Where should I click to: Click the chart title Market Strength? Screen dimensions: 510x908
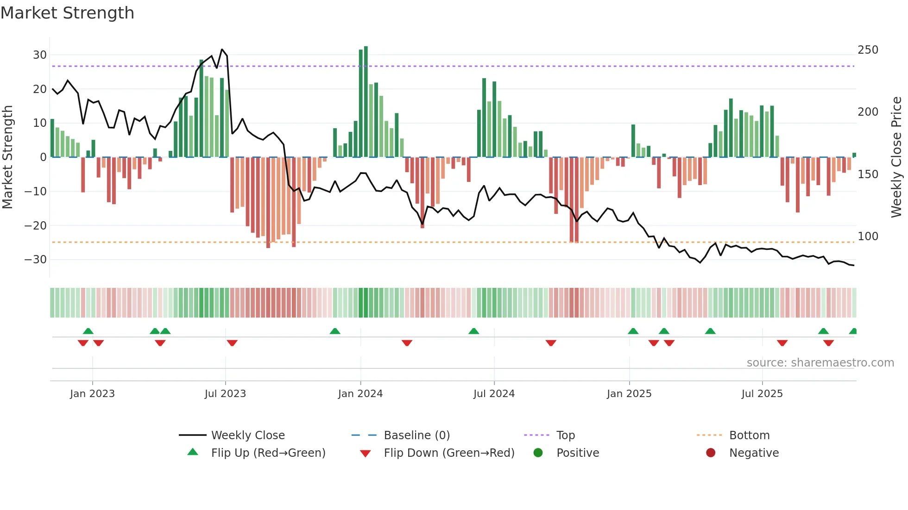click(67, 13)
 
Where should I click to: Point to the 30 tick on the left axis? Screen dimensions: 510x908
click(40, 55)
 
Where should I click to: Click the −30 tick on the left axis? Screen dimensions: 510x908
click(36, 260)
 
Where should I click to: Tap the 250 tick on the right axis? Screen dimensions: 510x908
click(868, 50)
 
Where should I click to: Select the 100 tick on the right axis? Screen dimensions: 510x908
click(868, 236)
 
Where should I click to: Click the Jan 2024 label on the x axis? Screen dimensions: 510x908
click(360, 394)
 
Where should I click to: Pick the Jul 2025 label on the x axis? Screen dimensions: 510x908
click(762, 394)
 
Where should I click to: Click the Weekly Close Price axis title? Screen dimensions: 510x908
click(896, 157)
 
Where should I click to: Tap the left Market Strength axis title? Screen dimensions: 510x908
click(7, 157)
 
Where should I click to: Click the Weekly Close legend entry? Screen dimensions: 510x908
click(247, 435)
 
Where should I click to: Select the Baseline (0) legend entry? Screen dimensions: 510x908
click(416, 435)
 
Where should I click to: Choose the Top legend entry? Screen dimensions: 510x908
click(565, 435)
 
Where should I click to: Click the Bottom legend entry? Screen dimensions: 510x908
click(749, 435)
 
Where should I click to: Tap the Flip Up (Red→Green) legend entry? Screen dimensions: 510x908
click(268, 453)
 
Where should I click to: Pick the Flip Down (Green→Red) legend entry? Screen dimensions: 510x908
click(448, 453)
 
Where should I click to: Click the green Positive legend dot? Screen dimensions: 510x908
click(538, 453)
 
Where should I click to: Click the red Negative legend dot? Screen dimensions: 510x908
click(711, 453)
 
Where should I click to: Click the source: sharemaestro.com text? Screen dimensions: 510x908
click(820, 363)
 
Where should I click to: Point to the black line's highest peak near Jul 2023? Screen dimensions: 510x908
click(222, 50)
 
